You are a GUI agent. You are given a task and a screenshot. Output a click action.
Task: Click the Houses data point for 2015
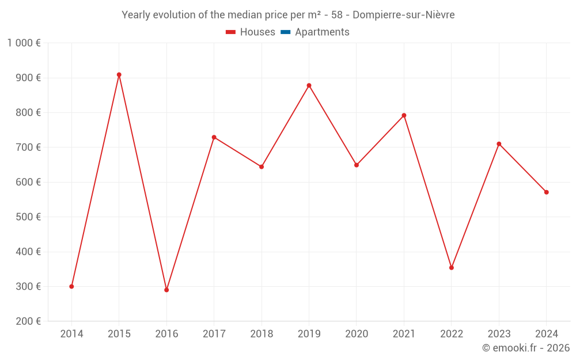[119, 75]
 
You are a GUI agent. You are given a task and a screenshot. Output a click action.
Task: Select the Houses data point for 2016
[166, 290]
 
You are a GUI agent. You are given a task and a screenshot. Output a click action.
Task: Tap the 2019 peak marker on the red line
[309, 85]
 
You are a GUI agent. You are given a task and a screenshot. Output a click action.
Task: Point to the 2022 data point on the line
[452, 268]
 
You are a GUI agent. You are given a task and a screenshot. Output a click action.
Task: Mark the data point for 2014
[71, 286]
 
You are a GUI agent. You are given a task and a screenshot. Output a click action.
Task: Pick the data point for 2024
[546, 192]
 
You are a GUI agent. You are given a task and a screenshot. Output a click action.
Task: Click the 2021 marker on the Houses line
[404, 115]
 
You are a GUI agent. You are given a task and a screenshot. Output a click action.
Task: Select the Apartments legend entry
[322, 32]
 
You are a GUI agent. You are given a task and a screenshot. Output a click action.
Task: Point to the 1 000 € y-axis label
[24, 43]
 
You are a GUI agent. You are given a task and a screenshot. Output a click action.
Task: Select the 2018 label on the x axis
[262, 334]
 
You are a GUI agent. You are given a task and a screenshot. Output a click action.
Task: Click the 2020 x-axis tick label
[357, 334]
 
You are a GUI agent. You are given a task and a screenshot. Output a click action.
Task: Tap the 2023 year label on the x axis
[499, 334]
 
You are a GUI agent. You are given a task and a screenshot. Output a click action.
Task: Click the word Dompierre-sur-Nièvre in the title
[403, 15]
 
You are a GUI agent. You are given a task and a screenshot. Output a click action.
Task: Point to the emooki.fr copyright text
[526, 348]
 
